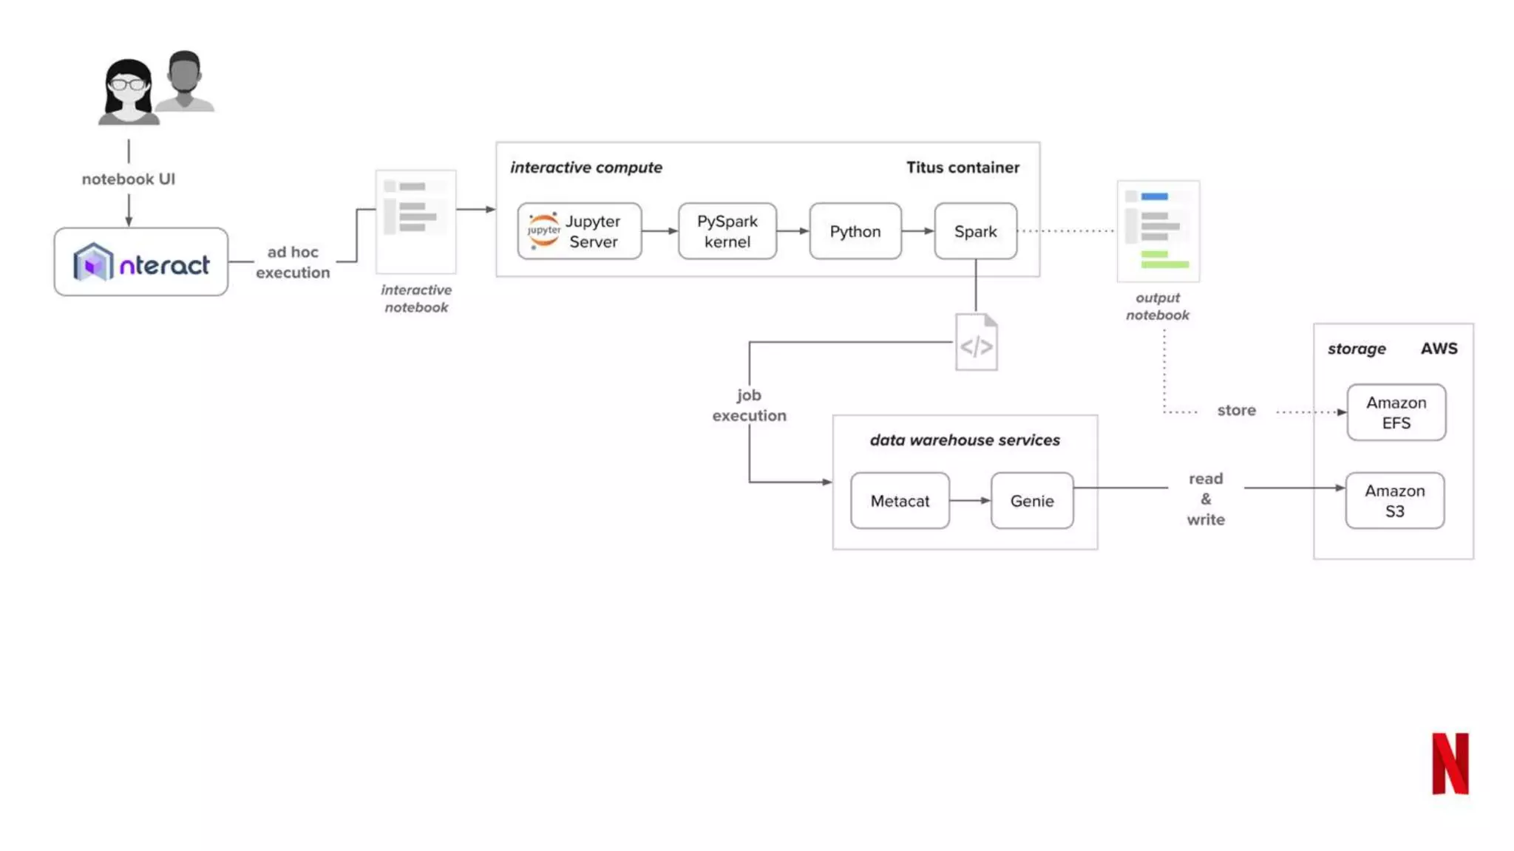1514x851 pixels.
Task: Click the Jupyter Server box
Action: click(580, 231)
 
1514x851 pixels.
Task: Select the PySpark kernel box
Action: click(727, 231)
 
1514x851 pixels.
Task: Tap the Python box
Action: click(855, 231)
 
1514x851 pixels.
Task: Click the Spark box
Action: click(975, 231)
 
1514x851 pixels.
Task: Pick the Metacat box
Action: click(900, 501)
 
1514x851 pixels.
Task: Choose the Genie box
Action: click(1032, 501)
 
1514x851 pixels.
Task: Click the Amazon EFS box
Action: click(1396, 412)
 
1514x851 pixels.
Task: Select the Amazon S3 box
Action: click(1394, 501)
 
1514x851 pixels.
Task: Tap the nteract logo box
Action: click(140, 262)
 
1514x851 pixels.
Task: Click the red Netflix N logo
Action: click(1450, 763)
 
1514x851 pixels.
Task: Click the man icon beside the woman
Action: click(185, 81)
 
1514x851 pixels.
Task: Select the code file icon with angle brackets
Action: click(976, 343)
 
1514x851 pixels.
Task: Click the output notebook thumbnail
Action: click(1158, 231)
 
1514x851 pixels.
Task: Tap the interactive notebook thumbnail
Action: click(415, 222)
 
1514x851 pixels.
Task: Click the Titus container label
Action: click(963, 168)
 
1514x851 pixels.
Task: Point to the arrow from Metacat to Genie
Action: click(970, 501)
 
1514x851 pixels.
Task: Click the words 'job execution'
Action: click(749, 406)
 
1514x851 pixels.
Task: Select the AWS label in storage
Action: click(1439, 349)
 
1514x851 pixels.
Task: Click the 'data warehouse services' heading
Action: click(965, 440)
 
